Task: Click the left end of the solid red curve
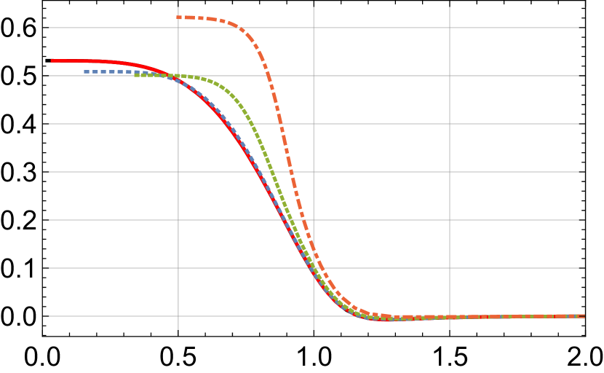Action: pyautogui.click(x=51, y=60)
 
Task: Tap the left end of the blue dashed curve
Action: pyautogui.click(x=84, y=71)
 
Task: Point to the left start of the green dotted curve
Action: pyautogui.click(x=135, y=74)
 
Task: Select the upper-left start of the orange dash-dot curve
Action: pyautogui.click(x=177, y=17)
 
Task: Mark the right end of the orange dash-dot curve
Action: pyautogui.click(x=584, y=316)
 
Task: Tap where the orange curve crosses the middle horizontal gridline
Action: pyautogui.click(x=291, y=172)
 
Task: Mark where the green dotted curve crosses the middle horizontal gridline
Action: pyautogui.click(x=273, y=172)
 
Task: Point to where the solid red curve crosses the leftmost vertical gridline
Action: pyautogui.click(x=178, y=80)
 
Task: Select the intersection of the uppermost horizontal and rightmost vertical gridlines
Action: pyautogui.click(x=450, y=28)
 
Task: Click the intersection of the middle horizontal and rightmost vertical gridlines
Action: pyautogui.click(x=450, y=172)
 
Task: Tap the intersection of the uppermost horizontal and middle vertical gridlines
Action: pyautogui.click(x=314, y=28)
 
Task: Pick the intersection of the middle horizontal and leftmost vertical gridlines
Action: pyautogui.click(x=178, y=172)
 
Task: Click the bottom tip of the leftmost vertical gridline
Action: pyautogui.click(x=178, y=330)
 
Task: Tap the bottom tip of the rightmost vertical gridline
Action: pyautogui.click(x=450, y=330)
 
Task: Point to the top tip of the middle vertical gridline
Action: pyautogui.click(x=314, y=7)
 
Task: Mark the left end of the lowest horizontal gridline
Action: pyautogui.click(x=49, y=316)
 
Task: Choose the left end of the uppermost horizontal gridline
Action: pyautogui.click(x=49, y=28)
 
